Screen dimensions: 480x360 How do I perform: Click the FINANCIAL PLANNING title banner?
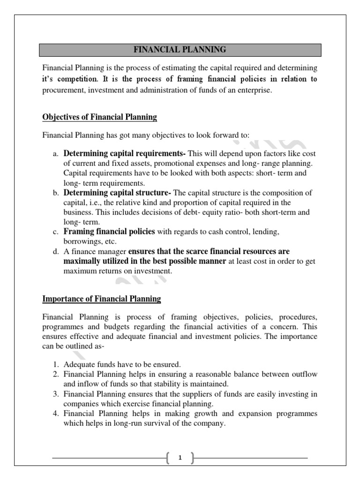pyautogui.click(x=180, y=49)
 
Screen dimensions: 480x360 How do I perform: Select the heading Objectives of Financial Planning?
pyautogui.click(x=99, y=117)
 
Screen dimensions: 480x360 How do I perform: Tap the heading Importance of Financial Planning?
pyautogui.click(x=102, y=299)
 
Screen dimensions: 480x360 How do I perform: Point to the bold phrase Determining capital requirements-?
pyautogui.click(x=125, y=153)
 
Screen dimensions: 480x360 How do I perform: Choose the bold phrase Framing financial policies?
pyautogui.click(x=109, y=232)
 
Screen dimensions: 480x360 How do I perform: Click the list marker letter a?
pyautogui.click(x=55, y=154)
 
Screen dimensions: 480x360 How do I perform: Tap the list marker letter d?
pyautogui.click(x=55, y=252)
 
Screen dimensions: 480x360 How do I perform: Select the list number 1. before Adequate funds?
pyautogui.click(x=55, y=364)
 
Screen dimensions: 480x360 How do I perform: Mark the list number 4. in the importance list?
pyautogui.click(x=55, y=414)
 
